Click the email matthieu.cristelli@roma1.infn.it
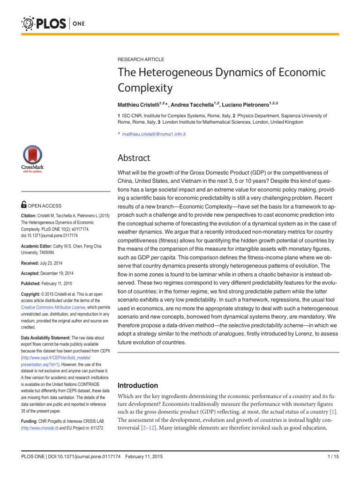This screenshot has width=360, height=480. pyautogui.click(x=154, y=134)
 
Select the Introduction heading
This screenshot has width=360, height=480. pyautogui.click(x=137, y=385)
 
